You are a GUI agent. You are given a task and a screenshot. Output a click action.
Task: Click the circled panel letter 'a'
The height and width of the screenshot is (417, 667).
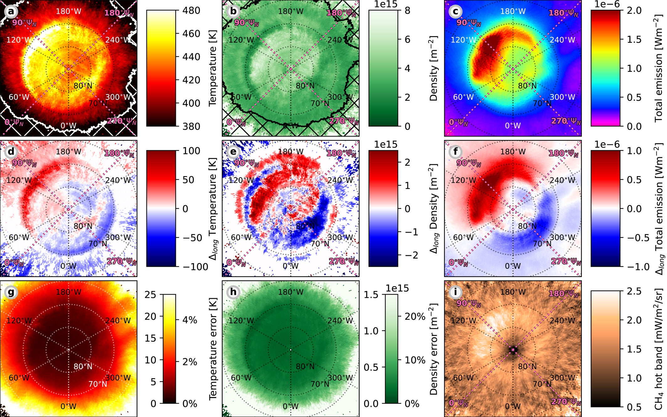pyautogui.click(x=11, y=12)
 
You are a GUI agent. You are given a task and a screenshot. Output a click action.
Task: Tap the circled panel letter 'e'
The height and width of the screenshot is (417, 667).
pyautogui.click(x=233, y=152)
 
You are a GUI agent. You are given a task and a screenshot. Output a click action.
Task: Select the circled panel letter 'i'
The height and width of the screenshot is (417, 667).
pyautogui.click(x=455, y=292)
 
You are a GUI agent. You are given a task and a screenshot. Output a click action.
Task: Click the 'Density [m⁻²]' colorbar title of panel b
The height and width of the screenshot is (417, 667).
pyautogui.click(x=433, y=68)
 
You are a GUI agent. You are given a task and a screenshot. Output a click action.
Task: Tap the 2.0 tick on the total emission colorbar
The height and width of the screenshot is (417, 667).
pyautogui.click(x=634, y=10)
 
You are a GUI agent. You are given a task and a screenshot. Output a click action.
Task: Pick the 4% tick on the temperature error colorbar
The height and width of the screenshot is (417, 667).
pyautogui.click(x=190, y=320)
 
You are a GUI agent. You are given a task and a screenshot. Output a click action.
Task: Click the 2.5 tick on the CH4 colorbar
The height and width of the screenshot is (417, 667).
pyautogui.click(x=634, y=291)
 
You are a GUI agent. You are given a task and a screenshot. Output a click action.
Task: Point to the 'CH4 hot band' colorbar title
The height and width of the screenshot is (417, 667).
pyautogui.click(x=659, y=348)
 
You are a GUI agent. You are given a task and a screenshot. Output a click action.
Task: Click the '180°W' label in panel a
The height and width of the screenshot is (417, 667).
pyautogui.click(x=68, y=12)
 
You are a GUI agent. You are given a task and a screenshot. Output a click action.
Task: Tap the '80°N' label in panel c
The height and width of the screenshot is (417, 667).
pyautogui.click(x=527, y=86)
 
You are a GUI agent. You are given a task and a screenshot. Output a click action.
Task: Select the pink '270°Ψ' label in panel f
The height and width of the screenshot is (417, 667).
pyautogui.click(x=565, y=261)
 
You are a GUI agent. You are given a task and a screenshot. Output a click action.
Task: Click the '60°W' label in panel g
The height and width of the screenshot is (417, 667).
pyautogui.click(x=19, y=377)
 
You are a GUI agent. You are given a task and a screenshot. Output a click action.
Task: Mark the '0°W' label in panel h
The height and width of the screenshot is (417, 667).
pyautogui.click(x=291, y=406)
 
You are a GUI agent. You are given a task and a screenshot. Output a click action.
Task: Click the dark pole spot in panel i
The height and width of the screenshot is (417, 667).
pyautogui.click(x=513, y=350)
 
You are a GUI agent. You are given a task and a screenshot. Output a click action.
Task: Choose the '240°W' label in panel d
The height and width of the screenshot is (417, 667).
pyautogui.click(x=118, y=180)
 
